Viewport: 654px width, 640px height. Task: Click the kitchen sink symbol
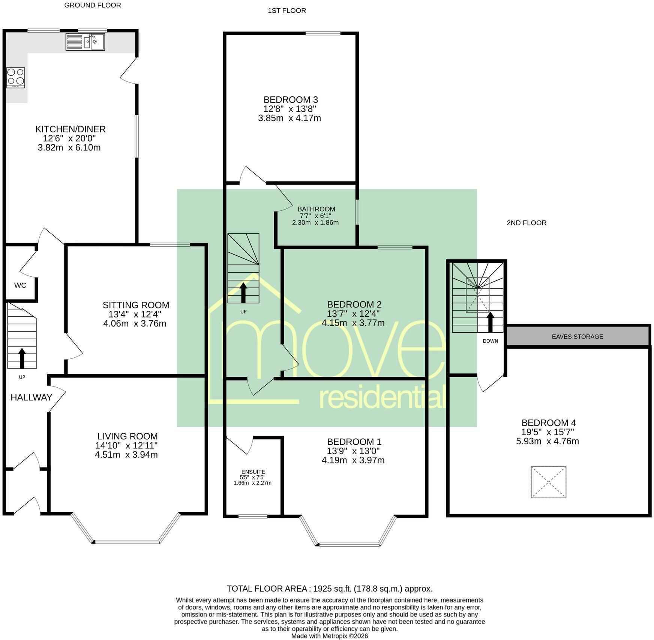pyautogui.click(x=85, y=42)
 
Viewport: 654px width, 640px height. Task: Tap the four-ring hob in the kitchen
pyautogui.click(x=16, y=78)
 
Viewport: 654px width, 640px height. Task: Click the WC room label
pyautogui.click(x=20, y=285)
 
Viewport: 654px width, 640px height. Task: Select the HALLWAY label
pyautogui.click(x=31, y=397)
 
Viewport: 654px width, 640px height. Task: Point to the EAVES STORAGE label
pyautogui.click(x=577, y=337)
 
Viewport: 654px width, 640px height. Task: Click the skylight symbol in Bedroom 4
pyautogui.click(x=548, y=482)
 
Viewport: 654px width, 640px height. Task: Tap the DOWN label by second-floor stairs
pyautogui.click(x=490, y=341)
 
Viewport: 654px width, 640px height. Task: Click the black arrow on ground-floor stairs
pyautogui.click(x=22, y=358)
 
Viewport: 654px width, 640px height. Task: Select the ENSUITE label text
pyautogui.click(x=253, y=472)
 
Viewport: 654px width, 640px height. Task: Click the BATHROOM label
pyautogui.click(x=316, y=209)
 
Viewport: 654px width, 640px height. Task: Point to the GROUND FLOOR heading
pyautogui.click(x=93, y=5)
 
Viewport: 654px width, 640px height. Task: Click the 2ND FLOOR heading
pyautogui.click(x=526, y=223)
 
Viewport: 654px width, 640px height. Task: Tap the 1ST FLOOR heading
pyautogui.click(x=287, y=10)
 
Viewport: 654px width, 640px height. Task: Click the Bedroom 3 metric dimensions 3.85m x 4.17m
pyautogui.click(x=289, y=118)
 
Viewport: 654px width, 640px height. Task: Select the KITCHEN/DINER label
pyautogui.click(x=70, y=129)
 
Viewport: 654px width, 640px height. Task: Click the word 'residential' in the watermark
pyautogui.click(x=382, y=397)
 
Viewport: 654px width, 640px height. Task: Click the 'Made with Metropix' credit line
pyautogui.click(x=330, y=636)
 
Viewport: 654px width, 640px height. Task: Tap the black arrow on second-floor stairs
pyautogui.click(x=490, y=322)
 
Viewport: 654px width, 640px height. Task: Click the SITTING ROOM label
pyautogui.click(x=136, y=305)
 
